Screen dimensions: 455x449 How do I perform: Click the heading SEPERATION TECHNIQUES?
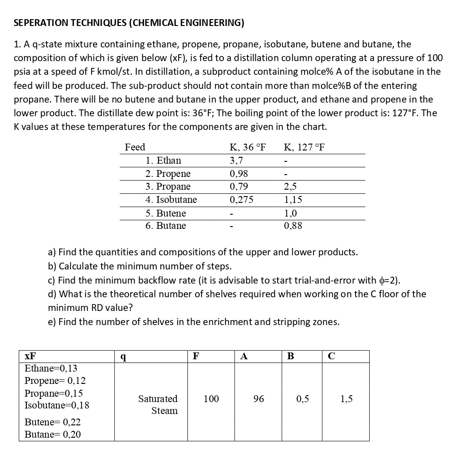click(129, 23)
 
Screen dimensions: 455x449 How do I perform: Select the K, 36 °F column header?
click(247, 147)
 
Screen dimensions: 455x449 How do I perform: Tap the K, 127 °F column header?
click(304, 147)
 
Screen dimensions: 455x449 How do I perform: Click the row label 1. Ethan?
click(163, 160)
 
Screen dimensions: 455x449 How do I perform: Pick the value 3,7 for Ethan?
click(237, 160)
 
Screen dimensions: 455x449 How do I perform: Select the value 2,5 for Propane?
click(290, 186)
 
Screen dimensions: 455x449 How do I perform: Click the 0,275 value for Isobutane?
click(241, 200)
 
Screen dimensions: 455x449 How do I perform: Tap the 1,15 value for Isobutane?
click(292, 200)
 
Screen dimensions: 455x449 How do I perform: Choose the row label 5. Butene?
click(165, 213)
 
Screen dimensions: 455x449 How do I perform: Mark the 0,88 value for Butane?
click(292, 226)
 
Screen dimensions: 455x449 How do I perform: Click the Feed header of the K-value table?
click(135, 147)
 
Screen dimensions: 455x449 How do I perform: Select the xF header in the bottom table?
click(30, 357)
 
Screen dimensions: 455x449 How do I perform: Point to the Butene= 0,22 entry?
click(52, 422)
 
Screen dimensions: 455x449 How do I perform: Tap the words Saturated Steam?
click(158, 405)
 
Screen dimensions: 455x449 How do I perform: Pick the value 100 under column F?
click(211, 399)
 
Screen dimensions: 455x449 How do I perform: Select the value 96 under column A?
click(258, 399)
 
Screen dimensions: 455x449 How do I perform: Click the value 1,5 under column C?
click(346, 399)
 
